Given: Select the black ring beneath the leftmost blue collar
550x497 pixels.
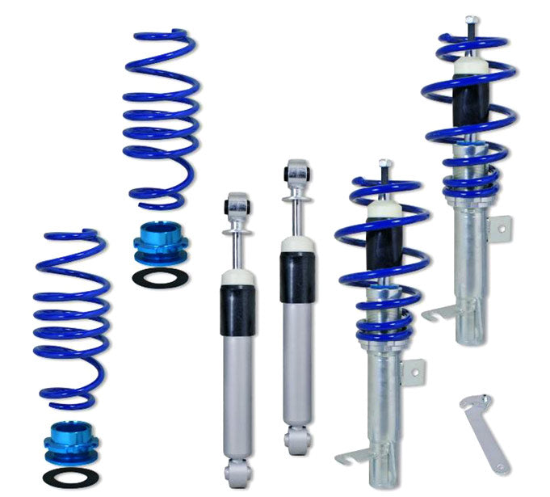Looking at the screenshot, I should click(x=70, y=476).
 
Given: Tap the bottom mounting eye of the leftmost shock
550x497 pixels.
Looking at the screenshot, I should click(x=237, y=474).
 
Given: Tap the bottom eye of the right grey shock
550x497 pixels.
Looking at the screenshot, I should click(x=296, y=441).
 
